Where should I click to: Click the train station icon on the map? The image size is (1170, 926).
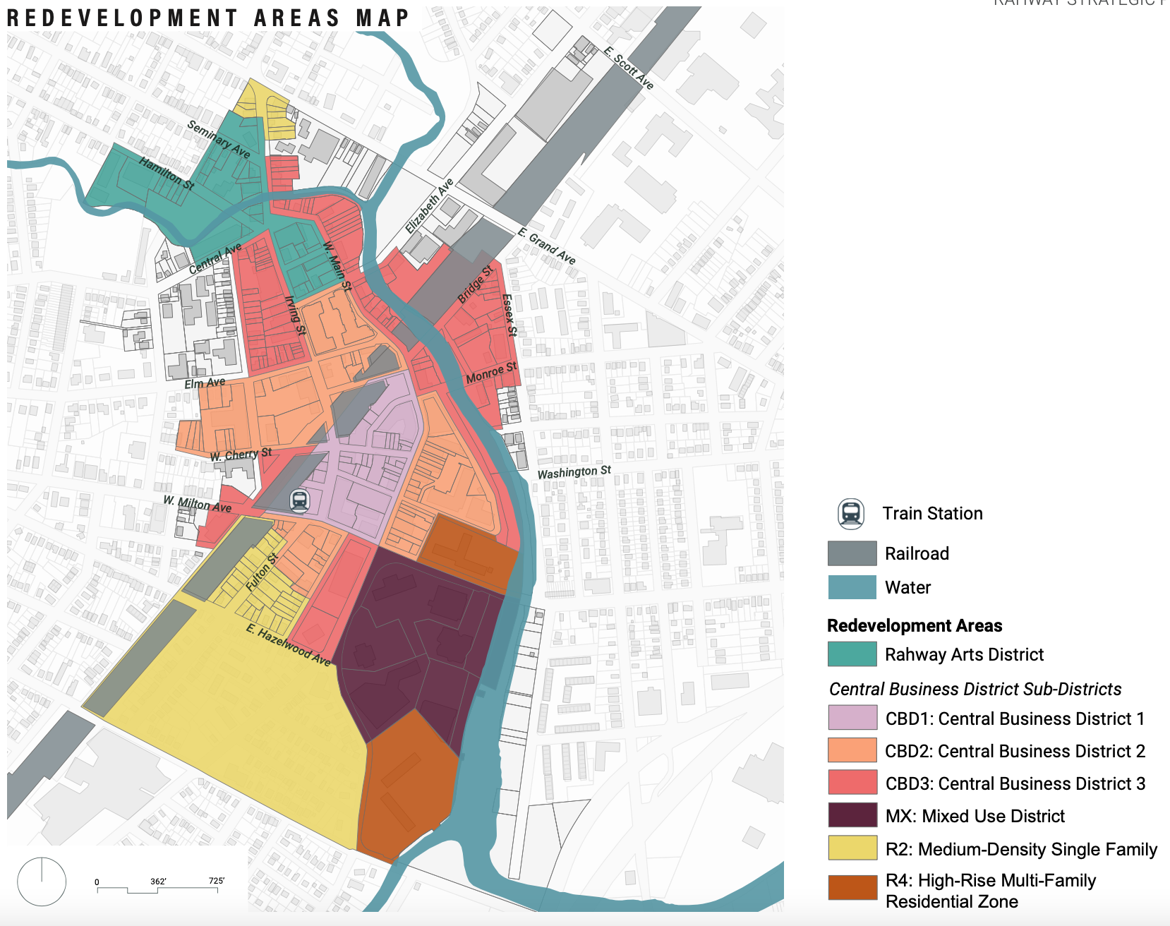click(x=300, y=500)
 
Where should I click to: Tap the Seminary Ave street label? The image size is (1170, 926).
click(x=219, y=139)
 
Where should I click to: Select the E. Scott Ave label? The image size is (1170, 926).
click(x=629, y=68)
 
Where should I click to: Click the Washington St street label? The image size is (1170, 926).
click(x=574, y=472)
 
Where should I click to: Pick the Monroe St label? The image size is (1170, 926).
click(x=492, y=373)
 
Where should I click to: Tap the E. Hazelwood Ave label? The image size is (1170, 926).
click(x=289, y=645)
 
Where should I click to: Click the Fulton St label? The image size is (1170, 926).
click(x=262, y=572)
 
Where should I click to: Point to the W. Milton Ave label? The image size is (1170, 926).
click(x=198, y=503)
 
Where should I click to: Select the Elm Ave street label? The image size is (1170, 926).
click(x=205, y=383)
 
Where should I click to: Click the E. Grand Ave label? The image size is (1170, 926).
click(x=547, y=246)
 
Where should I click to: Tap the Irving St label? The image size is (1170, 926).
click(x=295, y=315)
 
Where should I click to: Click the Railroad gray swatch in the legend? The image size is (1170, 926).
click(x=852, y=553)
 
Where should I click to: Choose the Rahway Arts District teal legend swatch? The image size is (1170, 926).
click(x=852, y=654)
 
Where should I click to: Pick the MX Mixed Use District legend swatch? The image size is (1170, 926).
click(x=852, y=815)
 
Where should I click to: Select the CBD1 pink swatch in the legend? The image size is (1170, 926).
click(x=852, y=718)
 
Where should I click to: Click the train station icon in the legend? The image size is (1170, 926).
click(x=851, y=514)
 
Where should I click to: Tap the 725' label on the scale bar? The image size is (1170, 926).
click(x=216, y=881)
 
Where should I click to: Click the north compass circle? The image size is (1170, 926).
click(x=42, y=882)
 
